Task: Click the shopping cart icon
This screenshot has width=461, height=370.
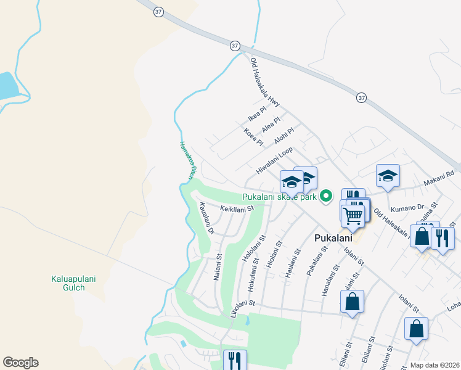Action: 353,216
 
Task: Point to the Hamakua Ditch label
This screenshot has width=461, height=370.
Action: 187,162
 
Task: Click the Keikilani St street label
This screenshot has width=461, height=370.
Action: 237,209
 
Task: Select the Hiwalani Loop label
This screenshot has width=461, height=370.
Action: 274,162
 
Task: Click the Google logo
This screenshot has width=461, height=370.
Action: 20,363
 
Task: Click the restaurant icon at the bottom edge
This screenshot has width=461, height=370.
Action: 235,360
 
